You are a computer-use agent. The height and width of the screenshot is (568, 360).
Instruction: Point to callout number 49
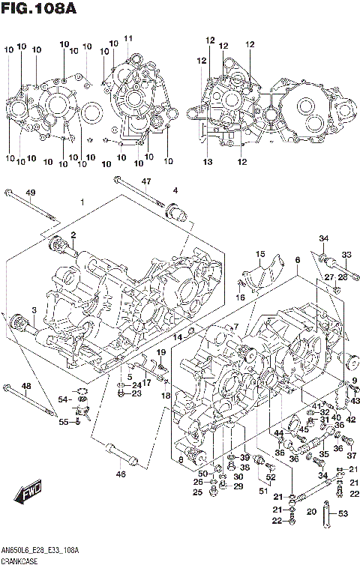pos(30,193)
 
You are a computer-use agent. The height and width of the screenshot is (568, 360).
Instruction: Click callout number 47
pos(146,181)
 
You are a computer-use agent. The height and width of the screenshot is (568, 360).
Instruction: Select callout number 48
pos(25,386)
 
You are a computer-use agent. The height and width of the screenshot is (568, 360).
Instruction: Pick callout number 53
pos(343,513)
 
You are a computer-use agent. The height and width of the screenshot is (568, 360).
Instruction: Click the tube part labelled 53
pos(328,516)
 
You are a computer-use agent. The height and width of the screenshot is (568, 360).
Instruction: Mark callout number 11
pos(128,38)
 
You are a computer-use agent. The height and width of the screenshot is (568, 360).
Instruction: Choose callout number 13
pos(208,162)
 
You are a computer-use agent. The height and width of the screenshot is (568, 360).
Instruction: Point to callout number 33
pos(346,254)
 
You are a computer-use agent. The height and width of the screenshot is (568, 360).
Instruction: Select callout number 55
pos(64,423)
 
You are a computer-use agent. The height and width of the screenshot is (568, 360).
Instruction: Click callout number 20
pos(310,513)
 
